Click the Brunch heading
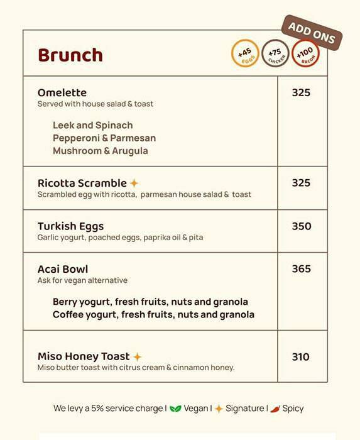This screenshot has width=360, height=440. pyautogui.click(x=70, y=55)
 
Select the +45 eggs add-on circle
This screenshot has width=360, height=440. pyautogui.click(x=245, y=53)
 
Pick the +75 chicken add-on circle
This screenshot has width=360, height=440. pyautogui.click(x=275, y=53)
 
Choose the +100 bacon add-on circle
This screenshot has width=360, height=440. pyautogui.click(x=305, y=53)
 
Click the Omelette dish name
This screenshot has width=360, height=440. pyautogui.click(x=62, y=92)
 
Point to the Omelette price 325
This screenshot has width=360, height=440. pyautogui.click(x=301, y=92)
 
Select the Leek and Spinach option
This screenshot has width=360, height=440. pyautogui.click(x=92, y=125)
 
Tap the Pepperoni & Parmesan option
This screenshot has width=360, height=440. pyautogui.click(x=104, y=138)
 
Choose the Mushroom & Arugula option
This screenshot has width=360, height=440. pyautogui.click(x=101, y=151)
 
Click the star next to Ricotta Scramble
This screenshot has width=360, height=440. pyautogui.click(x=134, y=183)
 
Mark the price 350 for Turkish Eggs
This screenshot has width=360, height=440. pyautogui.click(x=301, y=226)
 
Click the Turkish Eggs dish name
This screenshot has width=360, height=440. pyautogui.click(x=70, y=226)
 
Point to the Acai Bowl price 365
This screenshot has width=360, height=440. pyautogui.click(x=301, y=269)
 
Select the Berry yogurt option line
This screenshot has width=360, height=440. pyautogui.click(x=150, y=302)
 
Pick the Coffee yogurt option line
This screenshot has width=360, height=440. pyautogui.click(x=153, y=314)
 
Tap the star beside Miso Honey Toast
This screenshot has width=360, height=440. pyautogui.click(x=137, y=356)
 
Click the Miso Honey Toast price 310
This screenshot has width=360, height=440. pyautogui.click(x=300, y=357)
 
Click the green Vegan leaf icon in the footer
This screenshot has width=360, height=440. pyautogui.click(x=175, y=409)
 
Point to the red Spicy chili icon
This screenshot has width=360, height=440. pyautogui.click(x=275, y=409)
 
